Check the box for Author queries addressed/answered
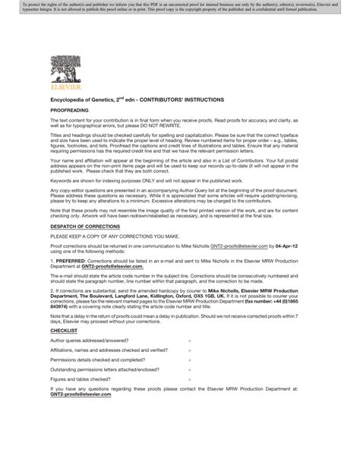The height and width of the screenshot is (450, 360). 190,341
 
